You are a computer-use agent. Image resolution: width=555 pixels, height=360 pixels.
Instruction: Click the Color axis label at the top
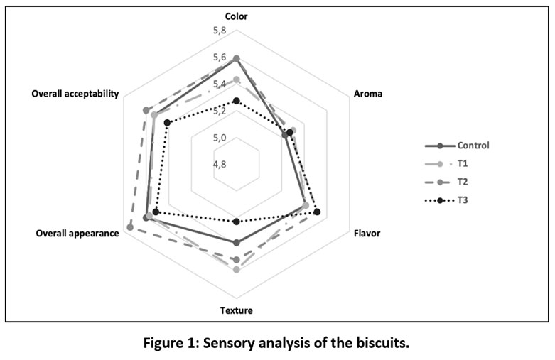pyautogui.click(x=237, y=15)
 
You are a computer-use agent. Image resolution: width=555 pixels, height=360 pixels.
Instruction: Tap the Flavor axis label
pyautogui.click(x=367, y=233)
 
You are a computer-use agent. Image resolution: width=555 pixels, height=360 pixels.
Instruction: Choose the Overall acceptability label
pyautogui.click(x=75, y=94)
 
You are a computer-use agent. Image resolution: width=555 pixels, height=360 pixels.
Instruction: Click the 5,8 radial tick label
pyautogui.click(x=220, y=31)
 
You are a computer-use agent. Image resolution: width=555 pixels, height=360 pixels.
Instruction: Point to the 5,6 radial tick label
pyautogui.click(x=220, y=58)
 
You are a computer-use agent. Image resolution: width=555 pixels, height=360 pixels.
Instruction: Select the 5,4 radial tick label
pyautogui.click(x=220, y=84)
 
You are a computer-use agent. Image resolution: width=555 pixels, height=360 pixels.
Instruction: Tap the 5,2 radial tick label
pyautogui.click(x=220, y=111)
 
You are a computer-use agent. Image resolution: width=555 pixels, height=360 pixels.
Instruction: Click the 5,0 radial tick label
pyautogui.click(x=220, y=138)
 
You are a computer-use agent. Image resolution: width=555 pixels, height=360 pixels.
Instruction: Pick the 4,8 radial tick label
pyautogui.click(x=220, y=164)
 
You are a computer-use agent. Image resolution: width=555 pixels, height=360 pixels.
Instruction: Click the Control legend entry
pyautogui.click(x=473, y=146)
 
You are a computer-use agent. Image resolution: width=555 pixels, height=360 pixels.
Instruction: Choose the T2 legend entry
pyautogui.click(x=463, y=182)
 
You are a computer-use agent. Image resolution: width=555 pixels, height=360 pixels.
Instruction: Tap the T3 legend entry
pyautogui.click(x=463, y=200)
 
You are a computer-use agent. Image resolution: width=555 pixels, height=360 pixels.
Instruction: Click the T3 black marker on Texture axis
pyautogui.click(x=237, y=222)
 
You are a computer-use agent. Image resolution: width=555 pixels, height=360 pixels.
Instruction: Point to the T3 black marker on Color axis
pyautogui.click(x=237, y=101)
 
